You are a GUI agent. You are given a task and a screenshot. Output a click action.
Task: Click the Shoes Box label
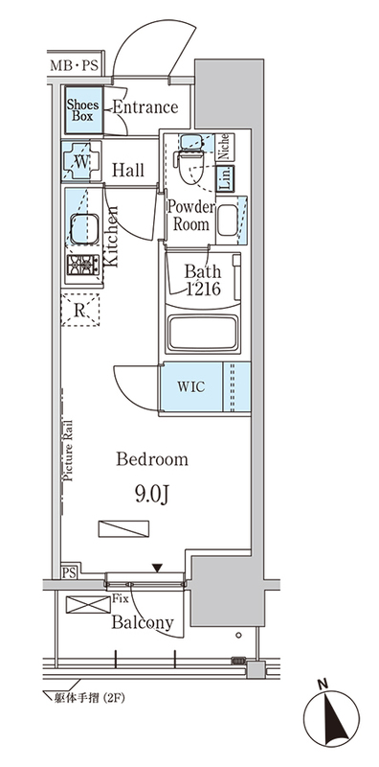(82, 110)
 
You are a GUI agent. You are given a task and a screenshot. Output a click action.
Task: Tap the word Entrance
(145, 107)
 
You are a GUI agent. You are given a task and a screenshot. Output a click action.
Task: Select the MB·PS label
(75, 66)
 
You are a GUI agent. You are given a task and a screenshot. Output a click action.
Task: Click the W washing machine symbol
(81, 161)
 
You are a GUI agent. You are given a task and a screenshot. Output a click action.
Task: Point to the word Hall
(128, 171)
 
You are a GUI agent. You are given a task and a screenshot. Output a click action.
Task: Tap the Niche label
(224, 146)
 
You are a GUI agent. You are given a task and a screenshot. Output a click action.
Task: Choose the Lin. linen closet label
(225, 177)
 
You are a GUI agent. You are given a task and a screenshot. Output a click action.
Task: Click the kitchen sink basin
(84, 229)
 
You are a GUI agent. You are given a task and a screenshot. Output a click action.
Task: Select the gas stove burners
(83, 266)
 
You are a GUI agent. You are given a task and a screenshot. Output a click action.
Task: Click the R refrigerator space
(80, 310)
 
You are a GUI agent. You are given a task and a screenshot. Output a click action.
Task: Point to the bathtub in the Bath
(202, 333)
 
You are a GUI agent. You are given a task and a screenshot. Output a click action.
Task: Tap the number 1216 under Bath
(203, 290)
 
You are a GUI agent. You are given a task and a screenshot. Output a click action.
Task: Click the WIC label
(191, 386)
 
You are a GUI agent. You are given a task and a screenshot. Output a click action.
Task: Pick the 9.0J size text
(152, 496)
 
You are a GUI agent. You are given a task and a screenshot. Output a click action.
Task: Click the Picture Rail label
(67, 450)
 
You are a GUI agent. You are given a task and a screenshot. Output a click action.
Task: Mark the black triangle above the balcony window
(156, 568)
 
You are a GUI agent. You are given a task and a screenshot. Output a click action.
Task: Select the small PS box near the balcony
(69, 572)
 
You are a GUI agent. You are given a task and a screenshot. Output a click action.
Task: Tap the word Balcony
(143, 622)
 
